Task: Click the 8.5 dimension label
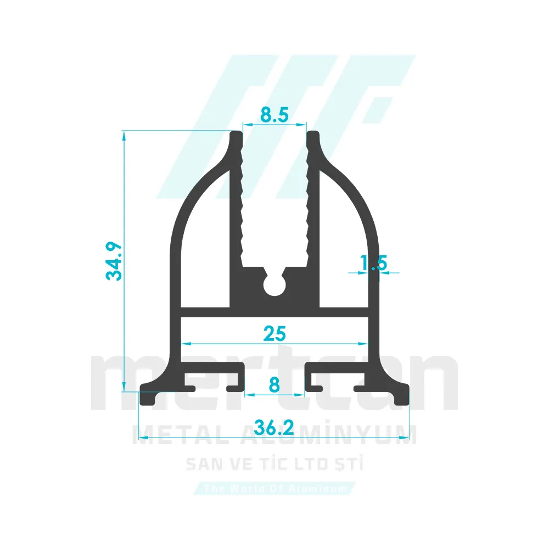coord(274,115)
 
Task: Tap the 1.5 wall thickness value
coord(374,264)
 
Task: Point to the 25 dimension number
coord(274,333)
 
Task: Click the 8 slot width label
coord(274,385)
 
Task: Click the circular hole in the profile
coord(274,285)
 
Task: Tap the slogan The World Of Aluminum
coord(274,489)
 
